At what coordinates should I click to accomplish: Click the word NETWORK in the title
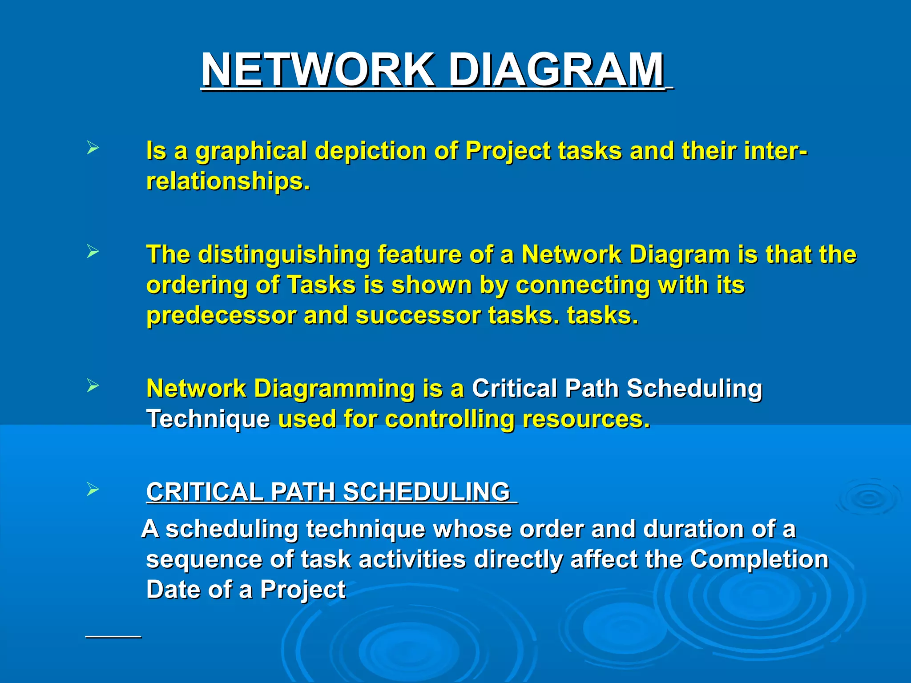(317, 70)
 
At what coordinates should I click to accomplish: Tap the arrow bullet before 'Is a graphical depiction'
(93, 148)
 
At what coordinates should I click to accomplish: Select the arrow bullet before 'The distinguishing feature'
(93, 252)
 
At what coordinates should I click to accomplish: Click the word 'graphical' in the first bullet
(251, 151)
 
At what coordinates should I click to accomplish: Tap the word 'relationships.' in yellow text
(228, 181)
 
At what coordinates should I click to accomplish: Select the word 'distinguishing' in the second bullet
(284, 255)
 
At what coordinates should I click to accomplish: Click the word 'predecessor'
(221, 316)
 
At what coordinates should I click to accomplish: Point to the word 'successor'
(418, 316)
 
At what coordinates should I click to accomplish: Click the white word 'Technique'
(208, 419)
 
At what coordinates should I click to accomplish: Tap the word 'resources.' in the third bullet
(586, 419)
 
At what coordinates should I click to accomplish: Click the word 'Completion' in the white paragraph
(759, 559)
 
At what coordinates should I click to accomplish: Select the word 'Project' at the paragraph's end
(302, 590)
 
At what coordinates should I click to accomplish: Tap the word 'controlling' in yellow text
(449, 419)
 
